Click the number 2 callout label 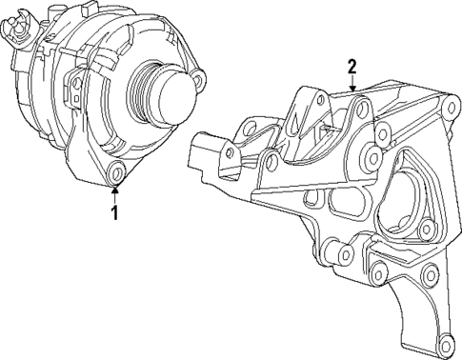pyautogui.click(x=352, y=66)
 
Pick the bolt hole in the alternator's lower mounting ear pyautogui.click(x=116, y=172)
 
